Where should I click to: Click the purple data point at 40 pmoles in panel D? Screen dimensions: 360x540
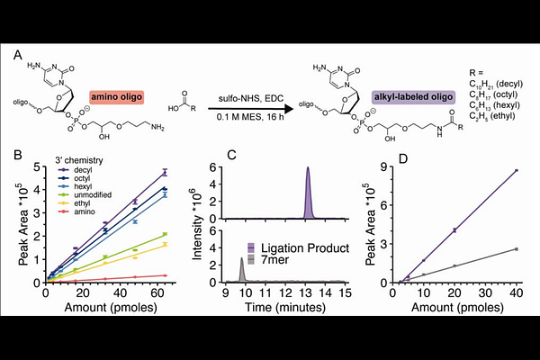tap(516, 170)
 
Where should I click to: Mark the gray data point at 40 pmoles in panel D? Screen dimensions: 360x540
tap(516, 249)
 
